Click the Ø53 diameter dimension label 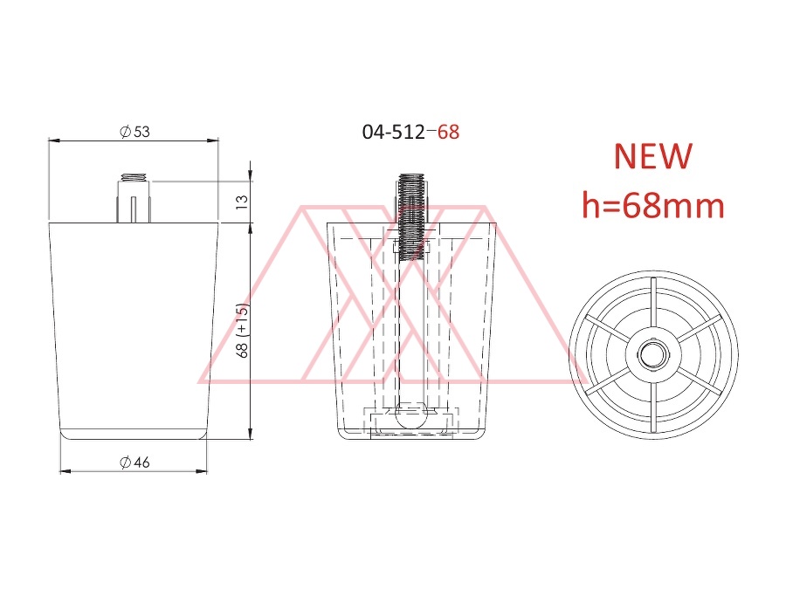(134, 132)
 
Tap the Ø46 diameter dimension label (134, 462)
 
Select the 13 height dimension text (242, 202)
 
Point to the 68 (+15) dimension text (243, 331)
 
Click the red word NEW (653, 156)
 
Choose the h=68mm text (653, 205)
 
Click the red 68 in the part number (448, 133)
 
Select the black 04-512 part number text (394, 133)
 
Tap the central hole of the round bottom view (652, 355)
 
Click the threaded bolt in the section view (412, 216)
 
